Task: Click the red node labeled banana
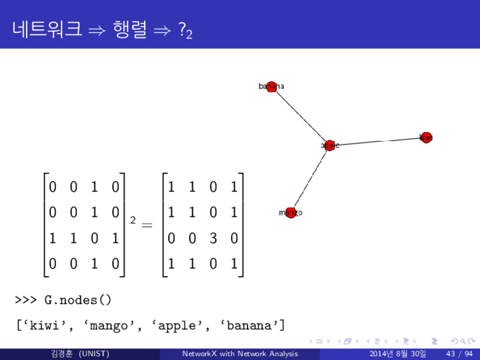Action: click(x=271, y=87)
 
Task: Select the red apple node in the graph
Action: click(x=330, y=145)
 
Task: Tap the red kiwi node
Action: click(x=426, y=137)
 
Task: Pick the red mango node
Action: click(x=291, y=213)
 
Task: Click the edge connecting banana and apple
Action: click(x=300, y=116)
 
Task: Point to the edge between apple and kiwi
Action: click(x=377, y=141)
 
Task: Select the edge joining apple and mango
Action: click(x=310, y=179)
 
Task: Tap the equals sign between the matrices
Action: click(x=147, y=226)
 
